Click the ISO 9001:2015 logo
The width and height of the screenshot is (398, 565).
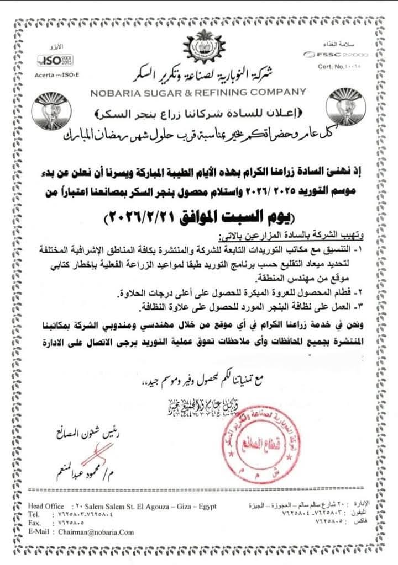(51, 60)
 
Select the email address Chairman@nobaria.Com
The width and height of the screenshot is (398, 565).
(96, 532)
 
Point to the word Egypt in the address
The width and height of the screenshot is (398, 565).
(206, 507)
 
